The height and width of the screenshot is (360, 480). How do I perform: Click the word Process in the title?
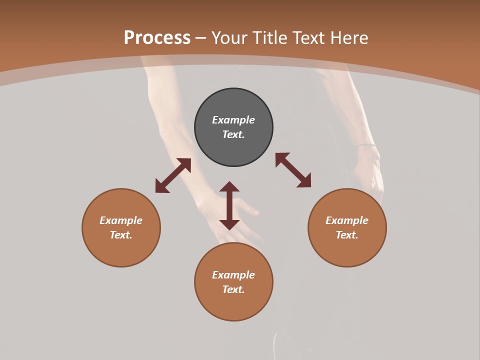click(157, 38)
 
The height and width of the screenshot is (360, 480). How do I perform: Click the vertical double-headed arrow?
click(229, 205)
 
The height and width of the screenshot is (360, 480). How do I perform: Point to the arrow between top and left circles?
click(173, 175)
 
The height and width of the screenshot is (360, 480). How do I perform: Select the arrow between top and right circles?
click(293, 170)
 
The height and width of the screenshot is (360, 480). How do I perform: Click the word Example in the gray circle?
click(233, 120)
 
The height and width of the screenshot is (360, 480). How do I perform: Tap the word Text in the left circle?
click(120, 235)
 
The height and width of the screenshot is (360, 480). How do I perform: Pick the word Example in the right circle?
click(347, 220)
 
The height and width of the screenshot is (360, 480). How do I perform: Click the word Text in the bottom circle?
click(233, 289)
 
